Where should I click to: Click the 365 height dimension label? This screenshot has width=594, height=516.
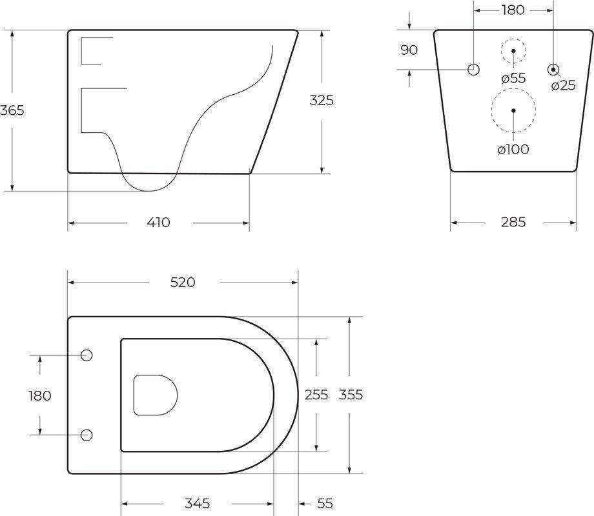point(12,110)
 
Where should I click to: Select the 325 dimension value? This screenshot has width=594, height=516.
point(322,101)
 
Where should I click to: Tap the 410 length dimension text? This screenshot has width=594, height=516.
point(158,223)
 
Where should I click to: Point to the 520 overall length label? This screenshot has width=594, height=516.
point(183,283)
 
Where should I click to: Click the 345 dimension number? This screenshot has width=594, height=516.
point(198,503)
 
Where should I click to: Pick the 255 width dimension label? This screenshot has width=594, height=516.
point(316,395)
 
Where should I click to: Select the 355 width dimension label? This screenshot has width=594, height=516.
point(351,395)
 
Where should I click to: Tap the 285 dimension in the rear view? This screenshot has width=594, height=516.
point(513,223)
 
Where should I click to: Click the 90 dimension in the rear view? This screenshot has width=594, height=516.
point(409,50)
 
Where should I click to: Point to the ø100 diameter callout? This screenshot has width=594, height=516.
point(513,150)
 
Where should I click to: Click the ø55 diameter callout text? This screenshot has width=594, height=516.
point(513,78)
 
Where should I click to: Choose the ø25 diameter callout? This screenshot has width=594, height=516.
point(563,85)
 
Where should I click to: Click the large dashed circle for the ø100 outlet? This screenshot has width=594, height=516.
point(513,110)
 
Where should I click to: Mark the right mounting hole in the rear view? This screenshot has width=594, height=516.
point(553,69)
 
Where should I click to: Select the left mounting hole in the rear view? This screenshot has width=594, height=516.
point(474,69)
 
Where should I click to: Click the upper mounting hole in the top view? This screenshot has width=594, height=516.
point(87,355)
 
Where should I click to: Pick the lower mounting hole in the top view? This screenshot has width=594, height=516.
point(87,434)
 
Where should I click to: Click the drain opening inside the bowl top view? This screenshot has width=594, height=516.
point(155,395)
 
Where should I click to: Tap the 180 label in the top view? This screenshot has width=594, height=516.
point(40,395)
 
